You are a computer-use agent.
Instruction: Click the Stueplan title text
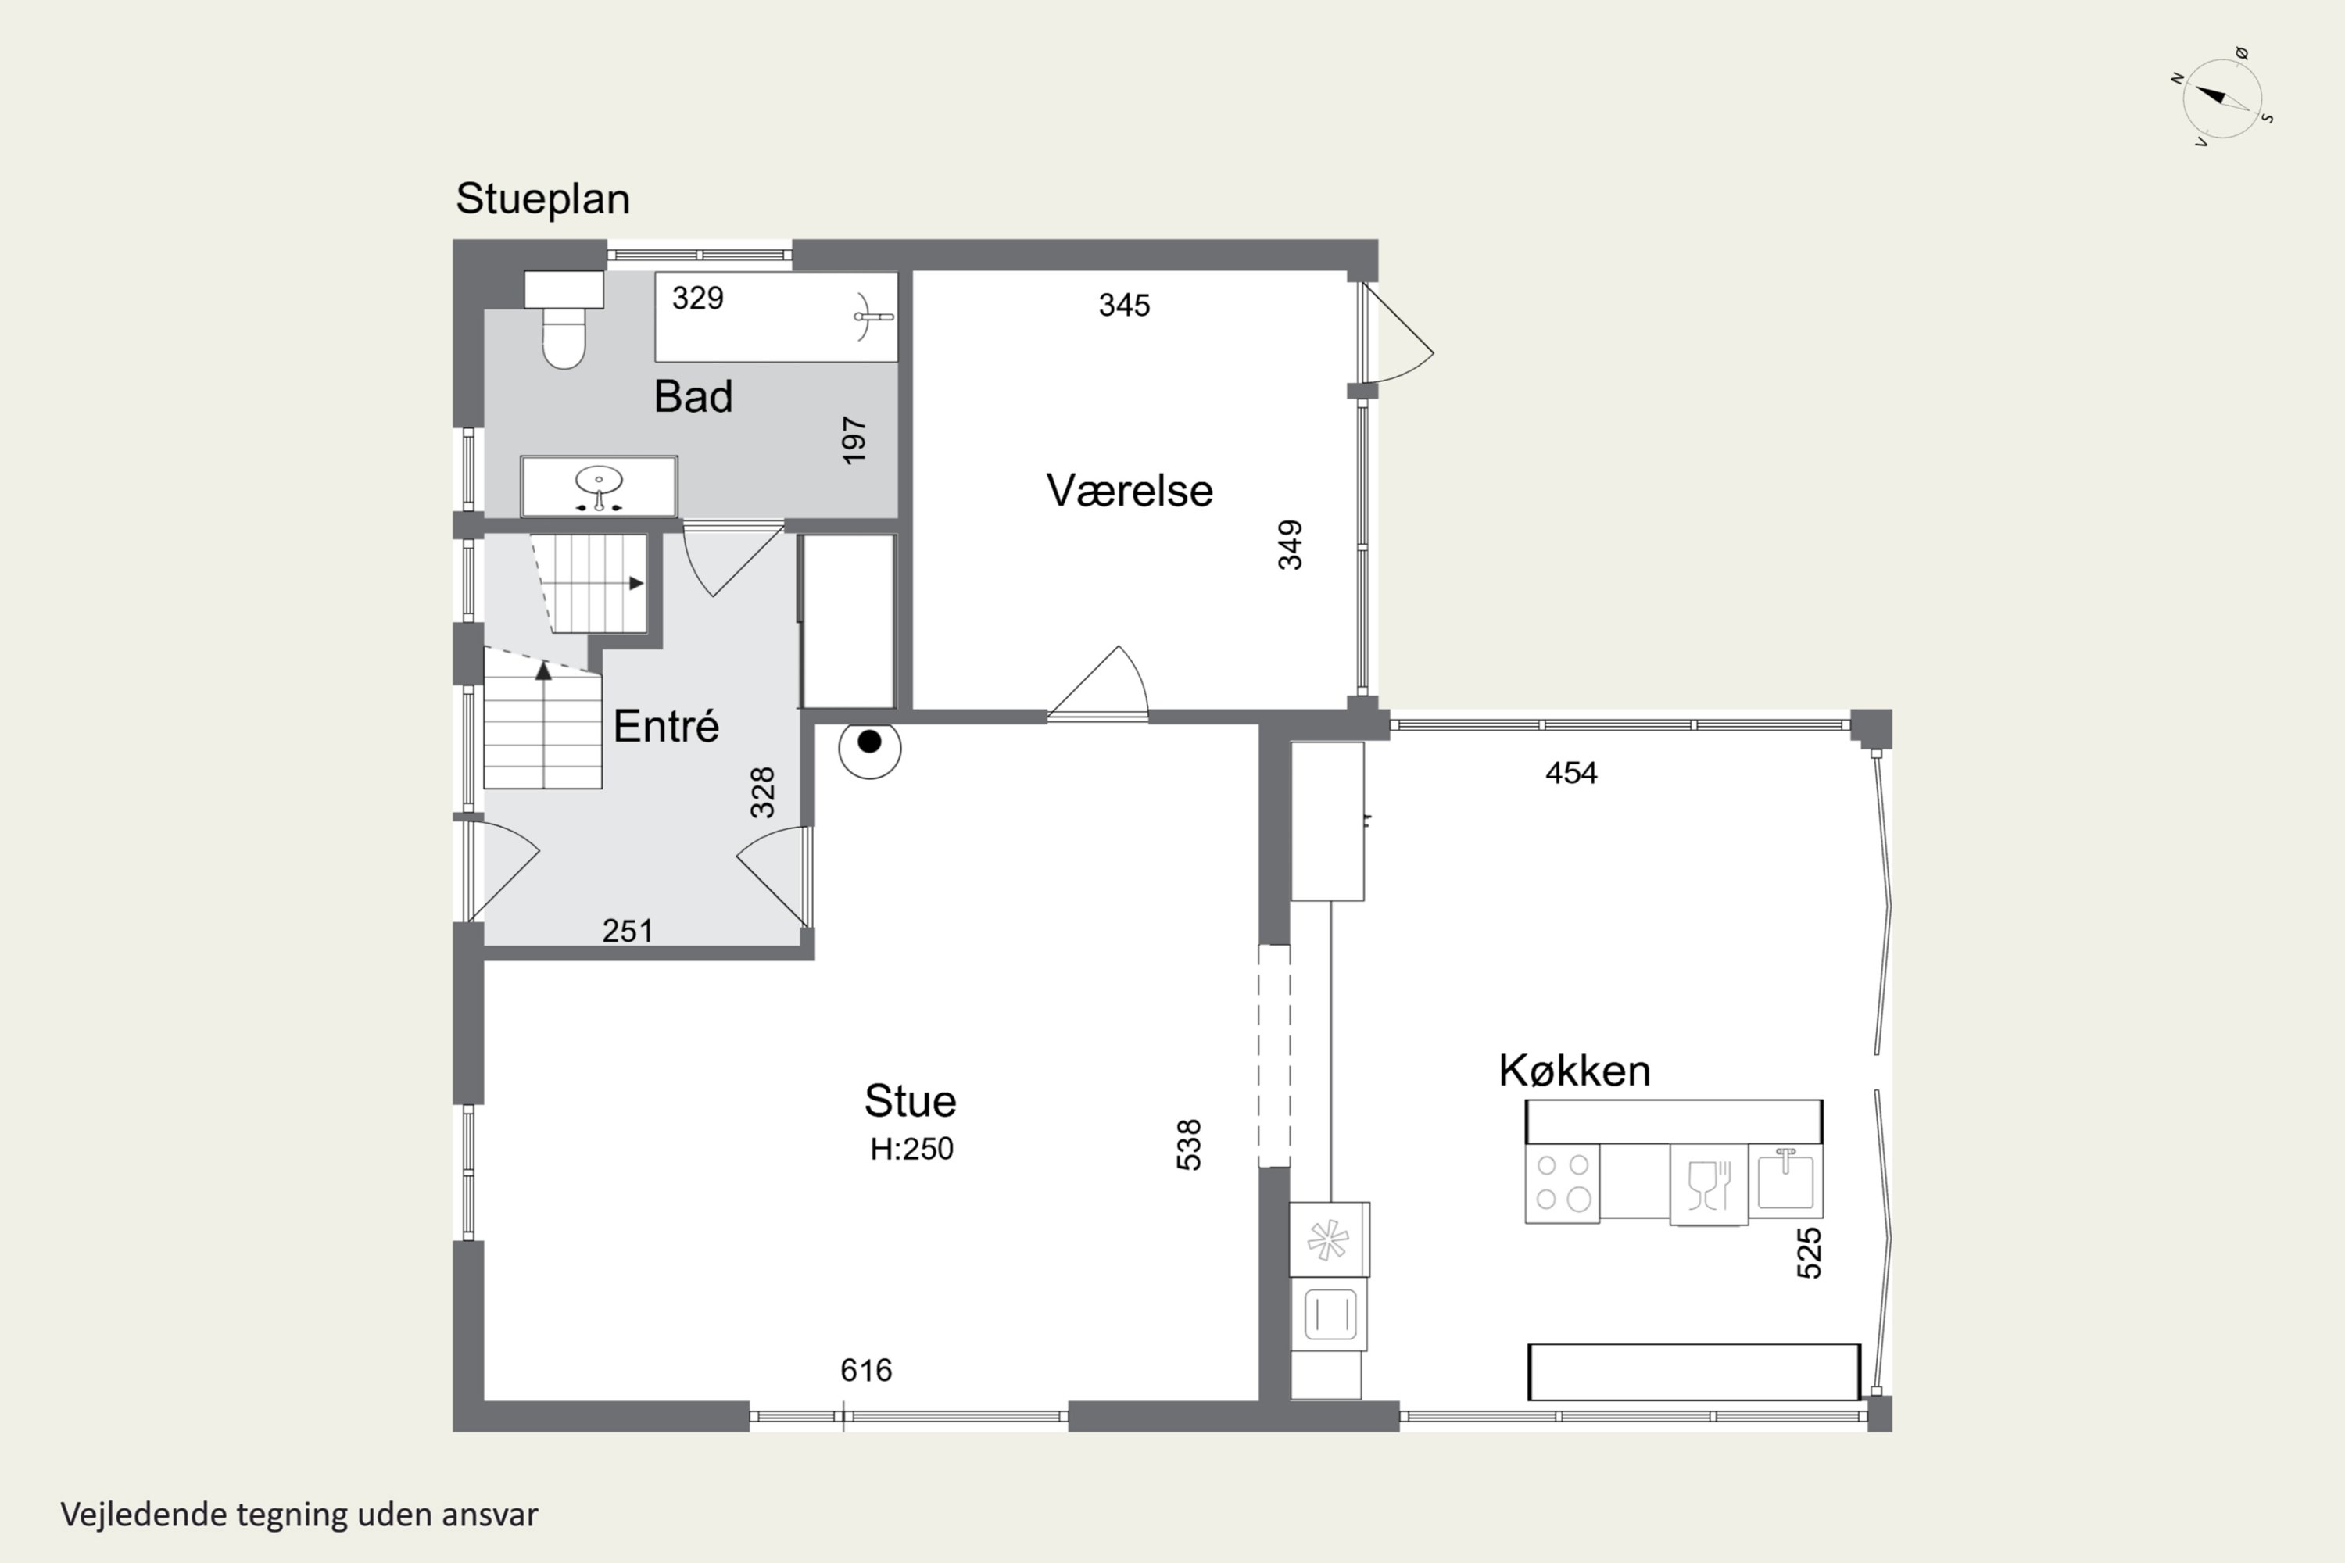pos(542,199)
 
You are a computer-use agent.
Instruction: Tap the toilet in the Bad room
pos(564,319)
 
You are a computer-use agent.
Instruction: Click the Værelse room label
pos(1130,491)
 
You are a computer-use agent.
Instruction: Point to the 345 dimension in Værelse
pos(1125,305)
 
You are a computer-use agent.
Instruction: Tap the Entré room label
pos(666,726)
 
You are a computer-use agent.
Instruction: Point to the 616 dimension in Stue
pos(866,1371)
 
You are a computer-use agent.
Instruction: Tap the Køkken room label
pos(1574,1071)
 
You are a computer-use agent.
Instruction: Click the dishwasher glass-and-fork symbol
pos(1709,1184)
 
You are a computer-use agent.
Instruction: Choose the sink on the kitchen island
pos(1785,1181)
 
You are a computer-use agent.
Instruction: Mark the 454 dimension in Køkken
pos(1571,774)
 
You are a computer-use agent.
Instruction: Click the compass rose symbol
pos(2221,98)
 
